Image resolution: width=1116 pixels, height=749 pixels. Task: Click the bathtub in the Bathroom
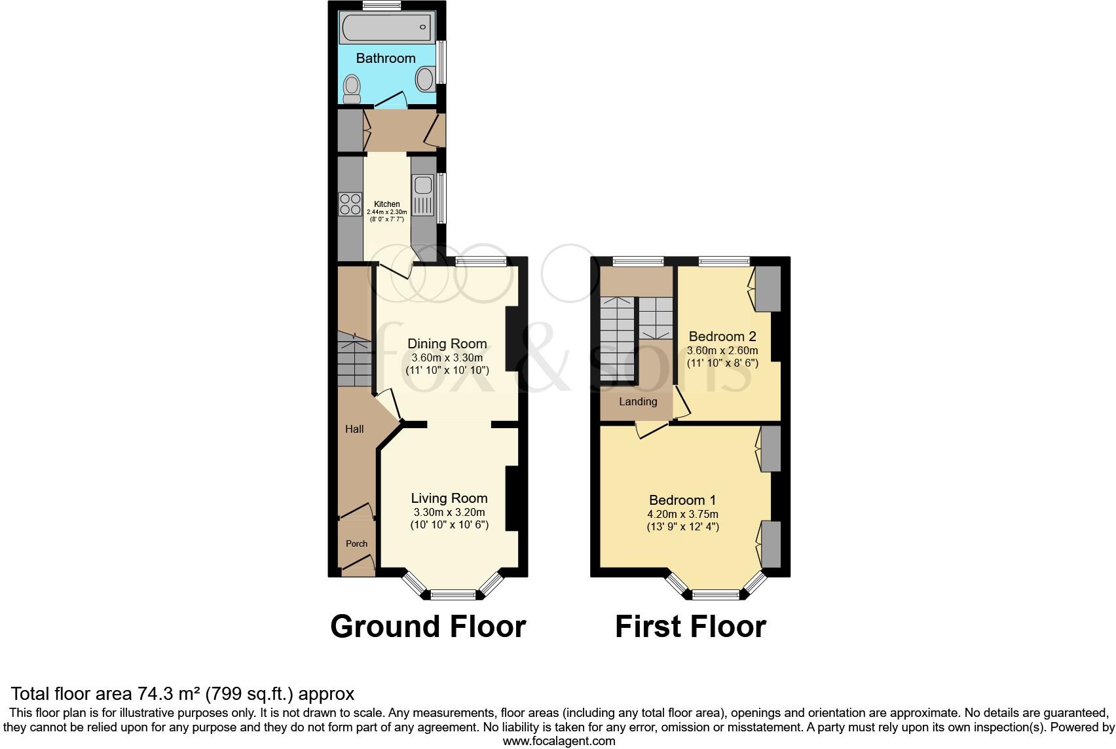coord(386,27)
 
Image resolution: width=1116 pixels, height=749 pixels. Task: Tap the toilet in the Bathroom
coord(352,88)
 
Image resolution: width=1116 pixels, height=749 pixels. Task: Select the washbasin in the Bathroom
coord(425,80)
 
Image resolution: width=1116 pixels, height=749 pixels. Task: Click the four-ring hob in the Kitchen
coord(350,204)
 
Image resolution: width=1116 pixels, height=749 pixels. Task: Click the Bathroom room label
coord(386,58)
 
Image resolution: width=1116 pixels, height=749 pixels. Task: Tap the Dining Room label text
coord(447,344)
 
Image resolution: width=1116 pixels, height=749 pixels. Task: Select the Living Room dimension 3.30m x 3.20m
coord(449,512)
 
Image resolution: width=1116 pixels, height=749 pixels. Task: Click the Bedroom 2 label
coord(722,337)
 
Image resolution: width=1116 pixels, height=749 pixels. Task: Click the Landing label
coord(638,401)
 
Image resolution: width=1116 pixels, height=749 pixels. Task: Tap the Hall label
coord(354,429)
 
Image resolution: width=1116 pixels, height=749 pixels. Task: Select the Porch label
coord(356,543)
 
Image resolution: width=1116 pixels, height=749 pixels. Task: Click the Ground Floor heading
coord(428,626)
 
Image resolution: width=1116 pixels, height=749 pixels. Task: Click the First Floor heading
coord(690,626)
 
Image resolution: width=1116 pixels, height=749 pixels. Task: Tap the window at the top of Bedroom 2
coord(724,261)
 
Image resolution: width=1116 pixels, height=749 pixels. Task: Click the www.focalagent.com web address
coord(559,741)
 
